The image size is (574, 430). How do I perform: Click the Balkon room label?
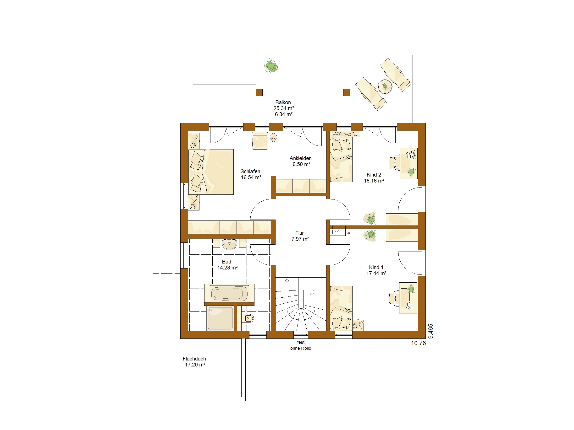click(283, 102)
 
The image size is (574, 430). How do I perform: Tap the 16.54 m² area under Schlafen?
click(251, 177)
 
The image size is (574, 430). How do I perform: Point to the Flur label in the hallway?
click(299, 233)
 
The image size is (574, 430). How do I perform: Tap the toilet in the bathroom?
click(248, 318)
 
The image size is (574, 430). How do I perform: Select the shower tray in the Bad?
click(220, 318)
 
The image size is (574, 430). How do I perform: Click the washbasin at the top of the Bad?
click(230, 244)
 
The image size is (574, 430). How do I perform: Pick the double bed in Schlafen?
click(211, 172)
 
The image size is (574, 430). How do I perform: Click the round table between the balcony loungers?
click(385, 86)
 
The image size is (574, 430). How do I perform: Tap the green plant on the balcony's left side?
click(271, 66)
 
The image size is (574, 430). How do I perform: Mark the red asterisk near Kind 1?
click(349, 233)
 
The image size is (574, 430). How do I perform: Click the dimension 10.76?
click(418, 343)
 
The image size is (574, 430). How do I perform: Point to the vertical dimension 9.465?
click(431, 331)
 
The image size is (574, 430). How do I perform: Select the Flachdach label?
click(194, 359)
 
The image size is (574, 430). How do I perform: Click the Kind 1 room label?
click(376, 267)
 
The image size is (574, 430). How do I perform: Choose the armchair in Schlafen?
click(260, 140)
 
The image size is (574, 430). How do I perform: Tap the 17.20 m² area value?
click(195, 365)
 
